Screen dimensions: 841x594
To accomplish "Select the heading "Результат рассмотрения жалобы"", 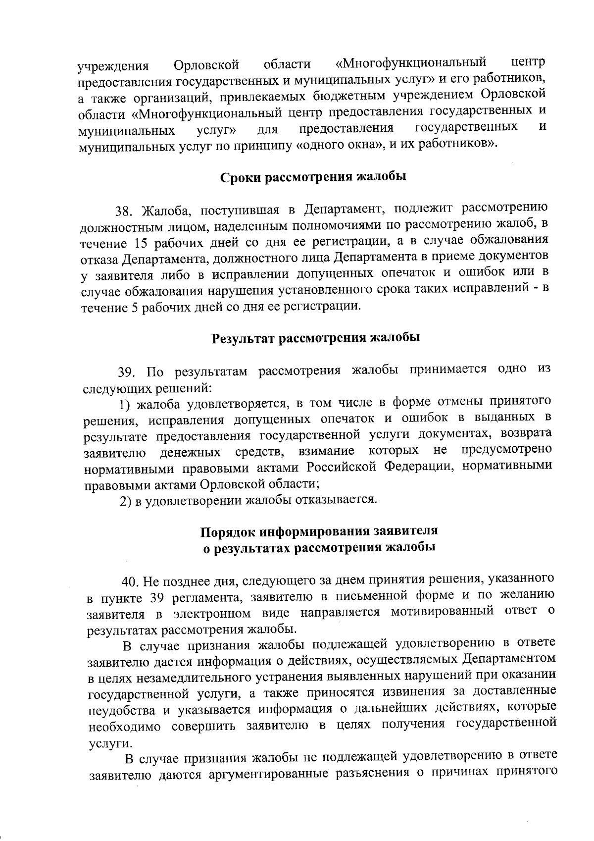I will (315, 338).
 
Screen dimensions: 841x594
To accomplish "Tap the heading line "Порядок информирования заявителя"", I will (319, 531).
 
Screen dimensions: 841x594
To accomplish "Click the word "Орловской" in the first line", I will (207, 65).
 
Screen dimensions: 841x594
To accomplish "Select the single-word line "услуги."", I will (103, 743).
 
